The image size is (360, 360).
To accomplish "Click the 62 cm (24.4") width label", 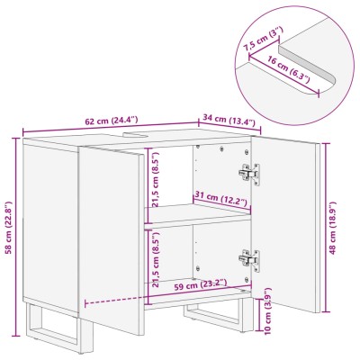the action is pyautogui.click(x=112, y=121).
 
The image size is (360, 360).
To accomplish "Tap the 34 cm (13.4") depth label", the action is pyautogui.click(x=229, y=120).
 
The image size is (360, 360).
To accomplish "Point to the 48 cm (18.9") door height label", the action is pyautogui.click(x=332, y=228).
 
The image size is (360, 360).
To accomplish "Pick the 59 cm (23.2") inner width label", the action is pyautogui.click(x=201, y=284).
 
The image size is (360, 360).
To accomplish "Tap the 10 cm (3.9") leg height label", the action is pyautogui.click(x=268, y=310).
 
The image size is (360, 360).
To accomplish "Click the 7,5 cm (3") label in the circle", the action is pyautogui.click(x=262, y=39).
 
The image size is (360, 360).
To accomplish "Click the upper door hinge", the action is pyautogui.click(x=249, y=174).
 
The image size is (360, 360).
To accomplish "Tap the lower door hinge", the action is pyautogui.click(x=249, y=260).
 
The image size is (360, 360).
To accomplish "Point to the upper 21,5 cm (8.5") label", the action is pyautogui.click(x=155, y=179).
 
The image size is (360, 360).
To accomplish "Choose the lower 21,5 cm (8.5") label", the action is pyautogui.click(x=156, y=260).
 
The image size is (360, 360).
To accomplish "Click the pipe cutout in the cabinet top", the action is pyautogui.click(x=136, y=134).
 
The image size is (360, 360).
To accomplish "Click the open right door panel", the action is pyautogui.click(x=285, y=224).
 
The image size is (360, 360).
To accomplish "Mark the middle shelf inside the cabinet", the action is pyautogui.click(x=197, y=214).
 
